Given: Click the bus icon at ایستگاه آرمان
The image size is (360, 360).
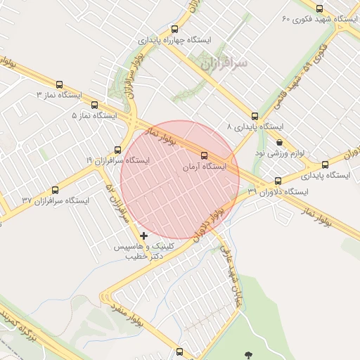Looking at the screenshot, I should click(x=205, y=155).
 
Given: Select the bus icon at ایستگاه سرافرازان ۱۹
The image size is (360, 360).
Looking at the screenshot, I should click(x=117, y=149).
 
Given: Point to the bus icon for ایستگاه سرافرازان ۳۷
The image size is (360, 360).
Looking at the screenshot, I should click(x=56, y=190).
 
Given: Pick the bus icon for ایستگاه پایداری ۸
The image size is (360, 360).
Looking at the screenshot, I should click(x=254, y=116).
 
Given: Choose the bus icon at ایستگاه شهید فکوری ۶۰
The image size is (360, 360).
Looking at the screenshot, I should click(x=320, y=9).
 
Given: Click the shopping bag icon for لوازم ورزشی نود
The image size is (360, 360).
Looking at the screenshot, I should click(x=280, y=141).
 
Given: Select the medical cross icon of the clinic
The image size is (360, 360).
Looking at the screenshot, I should click(x=144, y=236).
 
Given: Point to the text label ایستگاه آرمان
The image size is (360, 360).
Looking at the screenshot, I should click(x=204, y=167).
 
